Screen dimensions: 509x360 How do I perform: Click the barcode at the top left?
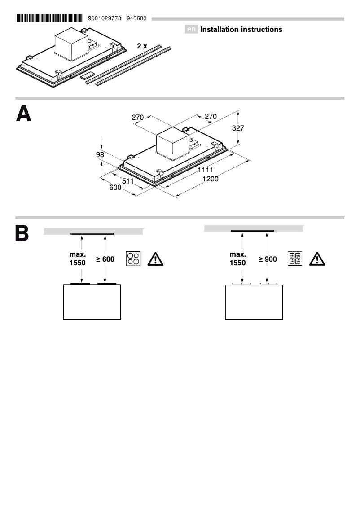point(48,18)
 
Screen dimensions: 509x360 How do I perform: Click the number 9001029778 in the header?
point(105,18)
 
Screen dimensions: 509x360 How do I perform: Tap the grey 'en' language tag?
point(192,30)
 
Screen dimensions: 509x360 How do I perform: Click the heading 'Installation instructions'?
point(241,30)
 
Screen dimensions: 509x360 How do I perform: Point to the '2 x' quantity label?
point(142,46)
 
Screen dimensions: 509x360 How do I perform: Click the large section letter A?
point(24,115)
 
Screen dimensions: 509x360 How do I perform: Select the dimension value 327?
point(238,128)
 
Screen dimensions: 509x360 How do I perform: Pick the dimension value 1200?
point(210,179)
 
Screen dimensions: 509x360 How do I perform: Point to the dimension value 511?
point(128,181)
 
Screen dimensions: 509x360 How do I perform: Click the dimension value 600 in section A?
point(115,188)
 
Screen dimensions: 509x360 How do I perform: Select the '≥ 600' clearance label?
point(105,259)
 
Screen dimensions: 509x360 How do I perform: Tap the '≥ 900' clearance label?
point(268,259)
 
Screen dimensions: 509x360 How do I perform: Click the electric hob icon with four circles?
point(133,259)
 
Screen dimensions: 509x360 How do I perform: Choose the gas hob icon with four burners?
point(295,259)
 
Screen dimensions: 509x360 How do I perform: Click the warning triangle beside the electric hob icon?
point(156,259)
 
